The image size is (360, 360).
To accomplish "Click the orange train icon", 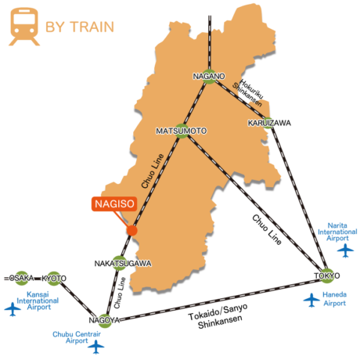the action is [x=24, y=27].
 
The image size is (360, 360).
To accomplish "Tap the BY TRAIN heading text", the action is [x=80, y=27].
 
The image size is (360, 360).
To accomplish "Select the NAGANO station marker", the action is [x=209, y=77].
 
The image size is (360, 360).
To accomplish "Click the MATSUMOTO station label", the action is [x=182, y=131].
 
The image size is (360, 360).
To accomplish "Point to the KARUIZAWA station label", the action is [x=269, y=123].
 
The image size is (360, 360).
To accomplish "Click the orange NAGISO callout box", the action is [x=114, y=203].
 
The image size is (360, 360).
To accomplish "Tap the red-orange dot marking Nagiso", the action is [x=131, y=231].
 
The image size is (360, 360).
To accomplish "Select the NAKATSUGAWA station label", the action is [x=123, y=264].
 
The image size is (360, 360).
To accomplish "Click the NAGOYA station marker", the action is [x=105, y=320].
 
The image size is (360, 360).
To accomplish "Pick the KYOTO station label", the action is [x=54, y=279].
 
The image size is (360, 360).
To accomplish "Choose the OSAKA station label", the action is [x=22, y=278].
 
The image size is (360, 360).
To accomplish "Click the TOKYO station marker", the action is [x=326, y=275].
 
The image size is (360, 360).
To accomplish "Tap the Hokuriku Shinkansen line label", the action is [x=248, y=93].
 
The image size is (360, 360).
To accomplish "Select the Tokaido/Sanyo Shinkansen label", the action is [x=218, y=316].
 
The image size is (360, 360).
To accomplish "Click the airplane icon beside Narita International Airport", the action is [x=345, y=250].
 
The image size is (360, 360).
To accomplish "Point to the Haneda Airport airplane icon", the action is [x=311, y=300].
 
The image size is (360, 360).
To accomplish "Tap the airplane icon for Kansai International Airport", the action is [x=13, y=309].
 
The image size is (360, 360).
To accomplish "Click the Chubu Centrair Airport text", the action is [x=77, y=337].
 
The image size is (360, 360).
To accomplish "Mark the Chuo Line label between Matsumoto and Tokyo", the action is [x=267, y=230].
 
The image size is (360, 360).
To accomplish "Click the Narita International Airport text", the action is [x=337, y=232].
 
